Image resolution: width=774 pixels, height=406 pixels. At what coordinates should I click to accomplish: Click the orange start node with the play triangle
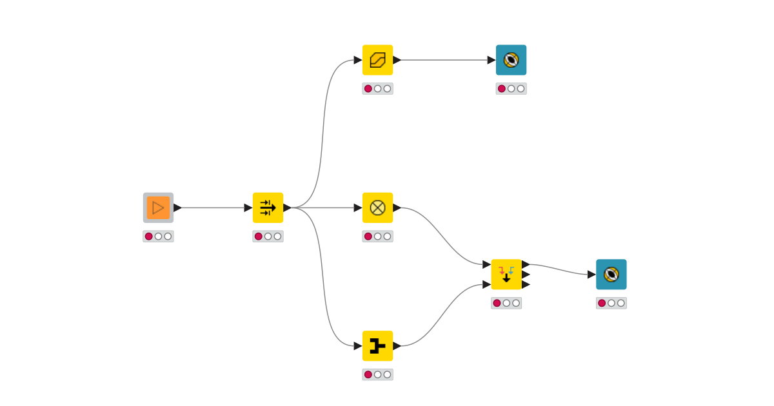158,208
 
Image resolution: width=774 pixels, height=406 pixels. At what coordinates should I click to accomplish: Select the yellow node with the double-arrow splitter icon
268,208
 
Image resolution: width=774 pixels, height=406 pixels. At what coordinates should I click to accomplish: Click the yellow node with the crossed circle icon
377,208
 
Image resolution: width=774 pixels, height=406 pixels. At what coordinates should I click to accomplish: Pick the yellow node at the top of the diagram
377,60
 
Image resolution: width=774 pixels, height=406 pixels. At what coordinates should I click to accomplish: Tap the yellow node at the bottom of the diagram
377,346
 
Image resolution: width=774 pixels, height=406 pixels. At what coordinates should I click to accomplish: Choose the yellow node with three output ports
506,275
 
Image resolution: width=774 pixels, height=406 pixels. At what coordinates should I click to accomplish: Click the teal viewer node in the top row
511,60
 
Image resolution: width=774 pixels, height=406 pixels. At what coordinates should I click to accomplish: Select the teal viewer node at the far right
611,275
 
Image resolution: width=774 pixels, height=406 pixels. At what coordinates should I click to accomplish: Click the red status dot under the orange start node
149,237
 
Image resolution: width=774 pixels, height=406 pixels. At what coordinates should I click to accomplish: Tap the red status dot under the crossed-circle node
368,237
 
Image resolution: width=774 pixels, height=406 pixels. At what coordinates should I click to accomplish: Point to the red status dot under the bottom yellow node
368,374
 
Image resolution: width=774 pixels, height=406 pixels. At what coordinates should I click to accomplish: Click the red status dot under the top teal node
502,89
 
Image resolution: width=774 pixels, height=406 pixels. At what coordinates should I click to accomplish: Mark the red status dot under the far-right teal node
602,303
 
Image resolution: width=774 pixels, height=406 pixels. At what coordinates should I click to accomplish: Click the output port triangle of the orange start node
177,208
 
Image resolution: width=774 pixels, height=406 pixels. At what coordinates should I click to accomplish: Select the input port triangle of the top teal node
491,60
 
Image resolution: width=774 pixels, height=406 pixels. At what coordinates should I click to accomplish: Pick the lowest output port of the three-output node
526,284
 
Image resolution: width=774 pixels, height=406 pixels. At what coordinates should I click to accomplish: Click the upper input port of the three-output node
487,264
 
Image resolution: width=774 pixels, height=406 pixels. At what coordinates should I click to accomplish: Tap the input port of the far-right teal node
591,275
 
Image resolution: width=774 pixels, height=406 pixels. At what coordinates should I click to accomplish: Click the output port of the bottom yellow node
397,346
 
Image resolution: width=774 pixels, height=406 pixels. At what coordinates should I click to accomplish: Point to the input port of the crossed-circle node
358,208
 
